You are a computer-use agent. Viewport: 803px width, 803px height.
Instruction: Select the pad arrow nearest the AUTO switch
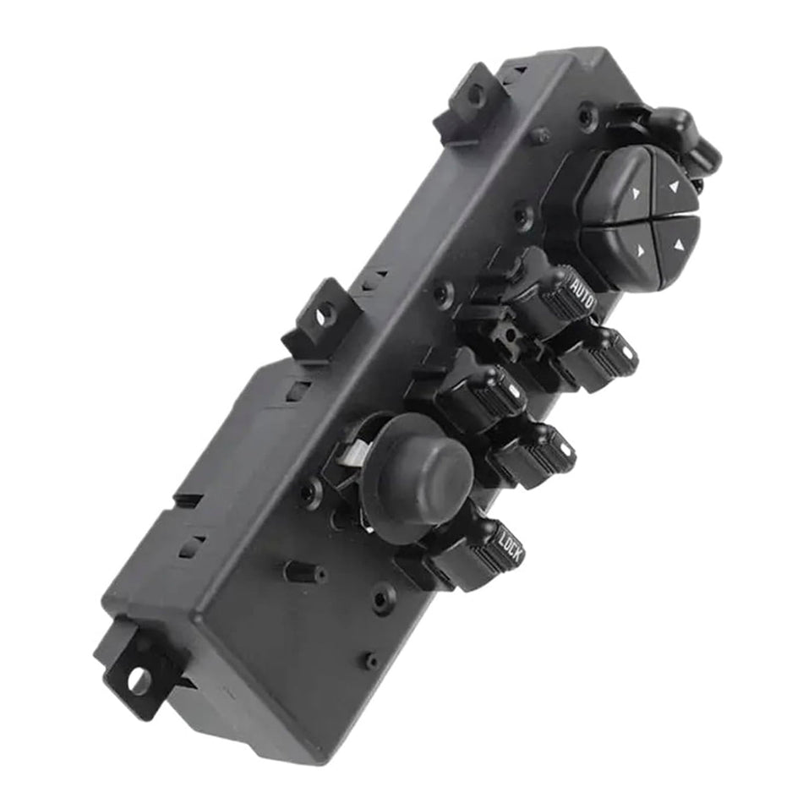(x=641, y=250)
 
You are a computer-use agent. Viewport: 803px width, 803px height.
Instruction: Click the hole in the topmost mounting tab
(x=476, y=95)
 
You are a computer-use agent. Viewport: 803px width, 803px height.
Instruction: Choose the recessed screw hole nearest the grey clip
(x=312, y=490)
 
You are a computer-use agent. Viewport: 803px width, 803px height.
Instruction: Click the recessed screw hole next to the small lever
(x=587, y=116)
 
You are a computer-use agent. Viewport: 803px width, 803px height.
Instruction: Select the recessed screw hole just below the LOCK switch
(x=383, y=598)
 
